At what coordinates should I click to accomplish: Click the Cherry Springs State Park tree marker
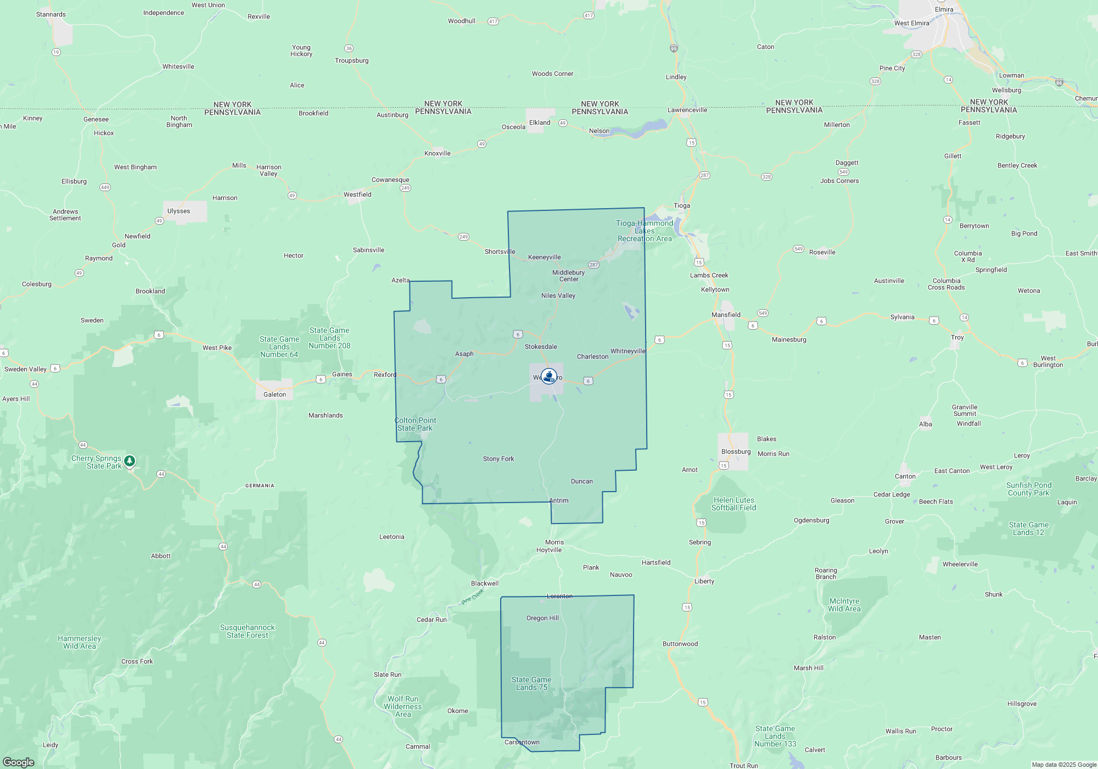point(130,461)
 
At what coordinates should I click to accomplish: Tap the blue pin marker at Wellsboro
point(548,376)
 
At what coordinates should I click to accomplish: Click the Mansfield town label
point(726,315)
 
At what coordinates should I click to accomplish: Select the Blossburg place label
point(736,452)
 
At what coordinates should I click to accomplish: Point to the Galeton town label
point(274,394)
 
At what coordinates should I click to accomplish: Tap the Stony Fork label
point(498,459)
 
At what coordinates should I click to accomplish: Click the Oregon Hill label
point(542,618)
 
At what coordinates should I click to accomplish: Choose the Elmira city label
point(944,9)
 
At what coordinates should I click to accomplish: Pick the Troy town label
point(957,337)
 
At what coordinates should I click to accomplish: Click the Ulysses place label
point(178,211)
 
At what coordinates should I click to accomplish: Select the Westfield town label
point(357,194)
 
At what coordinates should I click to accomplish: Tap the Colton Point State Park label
point(415,424)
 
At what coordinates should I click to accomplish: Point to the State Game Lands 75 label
point(531,683)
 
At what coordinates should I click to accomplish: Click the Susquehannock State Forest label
point(247,631)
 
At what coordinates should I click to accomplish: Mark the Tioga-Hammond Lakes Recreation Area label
point(645,231)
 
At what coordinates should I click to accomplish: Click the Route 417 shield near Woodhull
point(492,21)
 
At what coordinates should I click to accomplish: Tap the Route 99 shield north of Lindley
point(674,49)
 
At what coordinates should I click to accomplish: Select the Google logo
point(19,762)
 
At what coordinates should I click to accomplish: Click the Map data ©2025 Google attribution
point(1063,765)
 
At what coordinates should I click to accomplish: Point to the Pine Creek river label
point(473,597)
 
